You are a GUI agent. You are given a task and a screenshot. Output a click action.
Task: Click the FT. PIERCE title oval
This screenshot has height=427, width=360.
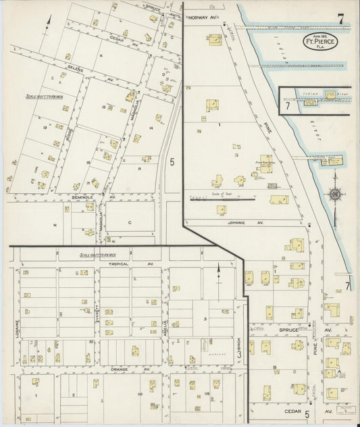coord(319,41)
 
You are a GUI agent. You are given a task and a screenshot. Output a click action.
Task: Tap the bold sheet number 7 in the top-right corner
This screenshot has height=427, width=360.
coord(341,19)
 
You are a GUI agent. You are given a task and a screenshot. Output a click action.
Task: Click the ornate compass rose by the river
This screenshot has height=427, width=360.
coord(335,195)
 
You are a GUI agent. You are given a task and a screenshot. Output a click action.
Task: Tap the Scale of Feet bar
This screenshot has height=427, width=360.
coord(224,199)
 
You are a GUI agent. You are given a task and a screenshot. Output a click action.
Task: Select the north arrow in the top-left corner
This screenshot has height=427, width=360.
coord(48,22)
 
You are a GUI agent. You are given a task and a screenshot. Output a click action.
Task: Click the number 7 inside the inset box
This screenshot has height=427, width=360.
coord(288,105)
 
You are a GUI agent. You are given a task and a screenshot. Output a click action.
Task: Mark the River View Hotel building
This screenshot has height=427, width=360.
coord(266,164)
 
